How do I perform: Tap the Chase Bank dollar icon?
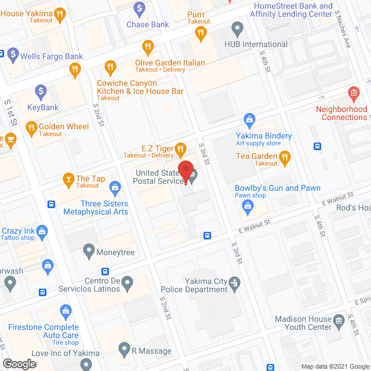coord(139,9)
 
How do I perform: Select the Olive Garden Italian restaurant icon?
coord(148,47)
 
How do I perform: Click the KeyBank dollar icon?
coord(41,91)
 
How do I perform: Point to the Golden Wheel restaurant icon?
coord(31,127)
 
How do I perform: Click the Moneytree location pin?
coord(89,251)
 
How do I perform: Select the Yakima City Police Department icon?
coord(234,282)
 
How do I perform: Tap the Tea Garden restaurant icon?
coord(284,156)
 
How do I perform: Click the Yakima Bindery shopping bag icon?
coord(250,121)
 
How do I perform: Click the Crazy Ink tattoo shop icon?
coord(42,232)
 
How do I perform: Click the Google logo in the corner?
coord(19,363)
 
